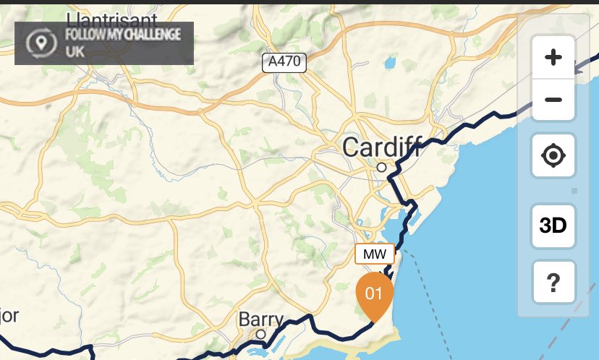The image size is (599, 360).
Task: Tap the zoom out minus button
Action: point(553,99)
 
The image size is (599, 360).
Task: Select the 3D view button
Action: point(553,226)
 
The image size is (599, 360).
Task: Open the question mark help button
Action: point(553,283)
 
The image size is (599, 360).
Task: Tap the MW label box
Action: point(374,254)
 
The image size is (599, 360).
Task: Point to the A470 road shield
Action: point(284,62)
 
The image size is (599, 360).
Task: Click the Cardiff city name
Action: point(381,147)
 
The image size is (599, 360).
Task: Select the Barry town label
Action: point(261,320)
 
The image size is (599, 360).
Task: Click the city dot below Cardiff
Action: point(381,167)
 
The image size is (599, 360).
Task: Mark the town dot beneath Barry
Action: point(260,334)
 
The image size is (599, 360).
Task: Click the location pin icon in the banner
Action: point(42,43)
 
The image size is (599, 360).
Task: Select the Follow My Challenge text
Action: point(122,35)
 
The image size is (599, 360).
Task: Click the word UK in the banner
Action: point(75,52)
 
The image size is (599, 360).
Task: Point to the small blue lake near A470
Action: point(391,63)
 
